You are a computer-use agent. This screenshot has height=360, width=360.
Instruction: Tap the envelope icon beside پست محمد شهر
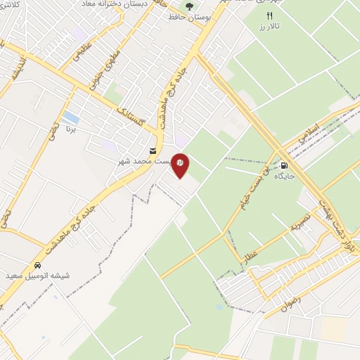153,151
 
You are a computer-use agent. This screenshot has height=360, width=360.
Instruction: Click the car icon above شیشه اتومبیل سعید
36,266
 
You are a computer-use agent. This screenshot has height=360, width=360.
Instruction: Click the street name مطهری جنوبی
103,71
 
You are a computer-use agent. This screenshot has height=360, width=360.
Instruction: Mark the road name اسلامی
309,134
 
